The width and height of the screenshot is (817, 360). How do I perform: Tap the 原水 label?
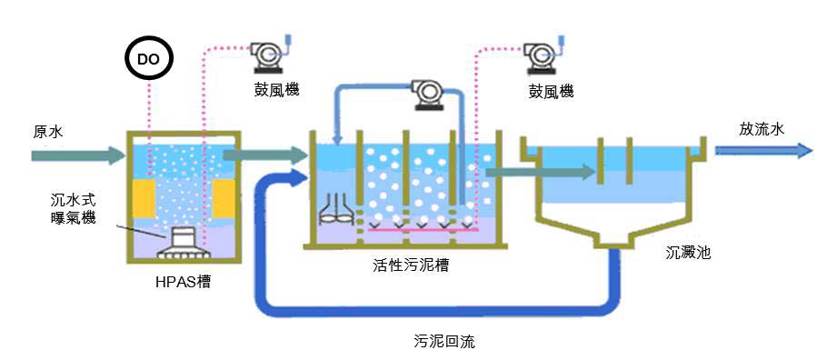point(47,132)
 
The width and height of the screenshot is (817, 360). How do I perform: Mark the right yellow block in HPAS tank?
point(223,198)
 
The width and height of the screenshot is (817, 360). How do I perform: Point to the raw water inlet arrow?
point(76,155)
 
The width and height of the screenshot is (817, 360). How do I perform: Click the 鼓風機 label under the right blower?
point(551,93)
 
